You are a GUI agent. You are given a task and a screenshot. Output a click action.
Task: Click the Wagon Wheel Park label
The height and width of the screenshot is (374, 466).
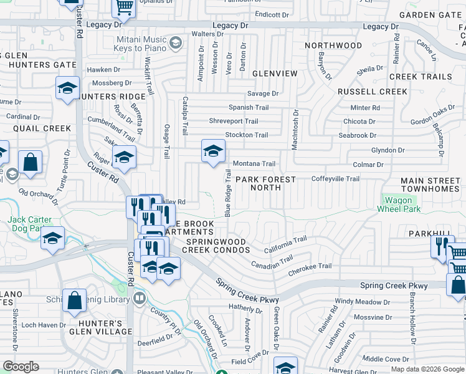coord(398,204)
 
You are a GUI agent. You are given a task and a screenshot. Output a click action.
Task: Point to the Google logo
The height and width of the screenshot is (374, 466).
coord(21,367)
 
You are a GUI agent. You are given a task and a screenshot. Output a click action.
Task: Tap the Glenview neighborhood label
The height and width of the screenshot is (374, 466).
coord(275,74)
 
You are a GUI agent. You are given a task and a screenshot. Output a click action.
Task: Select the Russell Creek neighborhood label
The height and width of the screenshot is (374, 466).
coord(372,92)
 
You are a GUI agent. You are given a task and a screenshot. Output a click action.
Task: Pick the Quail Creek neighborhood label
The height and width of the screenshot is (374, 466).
coord(42,128)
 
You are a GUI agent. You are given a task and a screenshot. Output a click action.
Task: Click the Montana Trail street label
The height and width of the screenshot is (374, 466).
coord(254,164)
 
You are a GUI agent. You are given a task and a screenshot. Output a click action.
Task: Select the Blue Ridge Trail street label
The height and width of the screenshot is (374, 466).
coord(228,194)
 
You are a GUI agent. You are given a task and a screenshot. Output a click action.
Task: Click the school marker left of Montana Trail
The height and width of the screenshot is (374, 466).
coord(213,151)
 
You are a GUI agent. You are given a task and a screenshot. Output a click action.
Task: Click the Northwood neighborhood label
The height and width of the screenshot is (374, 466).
coord(333,46)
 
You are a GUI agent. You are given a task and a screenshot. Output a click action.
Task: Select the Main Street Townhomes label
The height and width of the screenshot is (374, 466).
coord(430,185)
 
